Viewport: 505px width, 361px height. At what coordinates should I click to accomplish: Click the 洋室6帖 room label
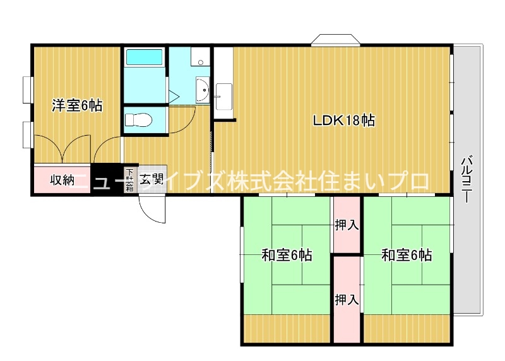77,105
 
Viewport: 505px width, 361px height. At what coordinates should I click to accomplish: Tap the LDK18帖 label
344,121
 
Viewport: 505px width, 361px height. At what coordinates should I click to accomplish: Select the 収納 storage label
62,180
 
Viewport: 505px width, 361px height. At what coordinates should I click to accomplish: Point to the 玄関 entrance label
151,179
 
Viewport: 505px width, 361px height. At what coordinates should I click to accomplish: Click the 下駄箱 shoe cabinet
129,179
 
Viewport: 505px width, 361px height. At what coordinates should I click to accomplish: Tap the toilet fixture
138,120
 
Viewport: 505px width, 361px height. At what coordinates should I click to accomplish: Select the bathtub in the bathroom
145,57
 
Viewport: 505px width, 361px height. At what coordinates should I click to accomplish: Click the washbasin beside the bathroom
203,90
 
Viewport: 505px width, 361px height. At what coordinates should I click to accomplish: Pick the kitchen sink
224,97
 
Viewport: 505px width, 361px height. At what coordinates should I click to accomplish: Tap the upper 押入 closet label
347,225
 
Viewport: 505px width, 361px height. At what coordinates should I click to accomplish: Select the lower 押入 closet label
347,300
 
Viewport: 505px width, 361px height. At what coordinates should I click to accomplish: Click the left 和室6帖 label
287,255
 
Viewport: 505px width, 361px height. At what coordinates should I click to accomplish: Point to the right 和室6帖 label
407,255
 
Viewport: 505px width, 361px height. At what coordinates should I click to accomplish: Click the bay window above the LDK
335,40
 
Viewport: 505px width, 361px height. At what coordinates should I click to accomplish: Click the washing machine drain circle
201,62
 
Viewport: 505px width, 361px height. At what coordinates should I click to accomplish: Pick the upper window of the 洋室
28,90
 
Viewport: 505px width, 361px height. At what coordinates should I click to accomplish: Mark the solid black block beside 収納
107,179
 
